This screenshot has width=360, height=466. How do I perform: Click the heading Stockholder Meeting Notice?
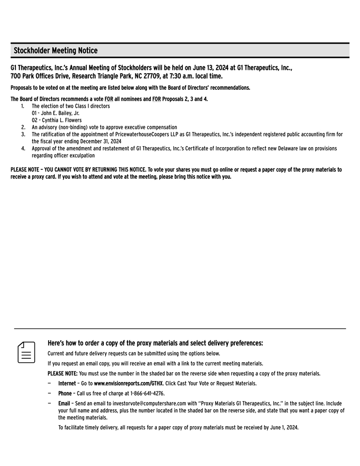click(55, 51)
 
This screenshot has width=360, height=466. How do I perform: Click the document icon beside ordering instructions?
click(27, 352)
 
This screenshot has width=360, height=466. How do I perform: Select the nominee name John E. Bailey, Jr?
click(55, 113)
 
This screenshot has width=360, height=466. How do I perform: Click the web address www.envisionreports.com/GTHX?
click(129, 383)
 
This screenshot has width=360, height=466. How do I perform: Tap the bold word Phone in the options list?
click(65, 394)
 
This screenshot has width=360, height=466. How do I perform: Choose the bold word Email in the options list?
click(64, 403)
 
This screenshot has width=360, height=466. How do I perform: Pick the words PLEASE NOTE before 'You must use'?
click(62, 374)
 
